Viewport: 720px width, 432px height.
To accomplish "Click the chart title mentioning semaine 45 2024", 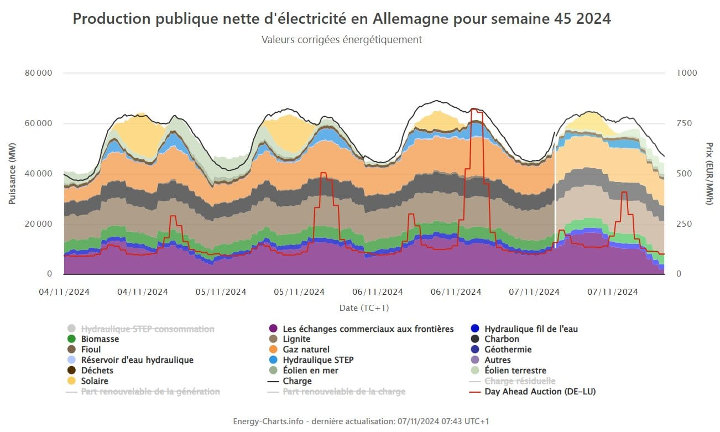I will pos(342,19).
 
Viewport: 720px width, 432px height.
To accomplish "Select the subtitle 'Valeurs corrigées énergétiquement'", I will pos(342,40).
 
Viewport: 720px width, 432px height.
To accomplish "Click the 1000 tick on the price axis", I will pos(686,73).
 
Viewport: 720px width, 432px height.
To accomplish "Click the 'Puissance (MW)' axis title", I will pos(12,174).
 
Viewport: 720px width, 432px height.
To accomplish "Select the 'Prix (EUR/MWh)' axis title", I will pos(709,174).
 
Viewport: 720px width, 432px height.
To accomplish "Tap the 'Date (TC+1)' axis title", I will pos(364,308).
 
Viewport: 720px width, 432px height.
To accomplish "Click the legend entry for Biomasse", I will pos(100,339).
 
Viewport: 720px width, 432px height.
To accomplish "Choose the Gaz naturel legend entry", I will pos(306,350).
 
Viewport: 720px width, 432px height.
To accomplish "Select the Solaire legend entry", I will pos(95,381).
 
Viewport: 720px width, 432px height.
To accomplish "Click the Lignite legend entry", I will pos(296,339).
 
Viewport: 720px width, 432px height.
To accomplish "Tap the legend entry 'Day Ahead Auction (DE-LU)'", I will pos(540,392).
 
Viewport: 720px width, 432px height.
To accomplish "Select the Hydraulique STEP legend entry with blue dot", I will pos(318,360).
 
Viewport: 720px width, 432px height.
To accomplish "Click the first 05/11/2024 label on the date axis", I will pos(221,292).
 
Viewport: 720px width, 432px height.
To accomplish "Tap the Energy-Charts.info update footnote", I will pos(361,421).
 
